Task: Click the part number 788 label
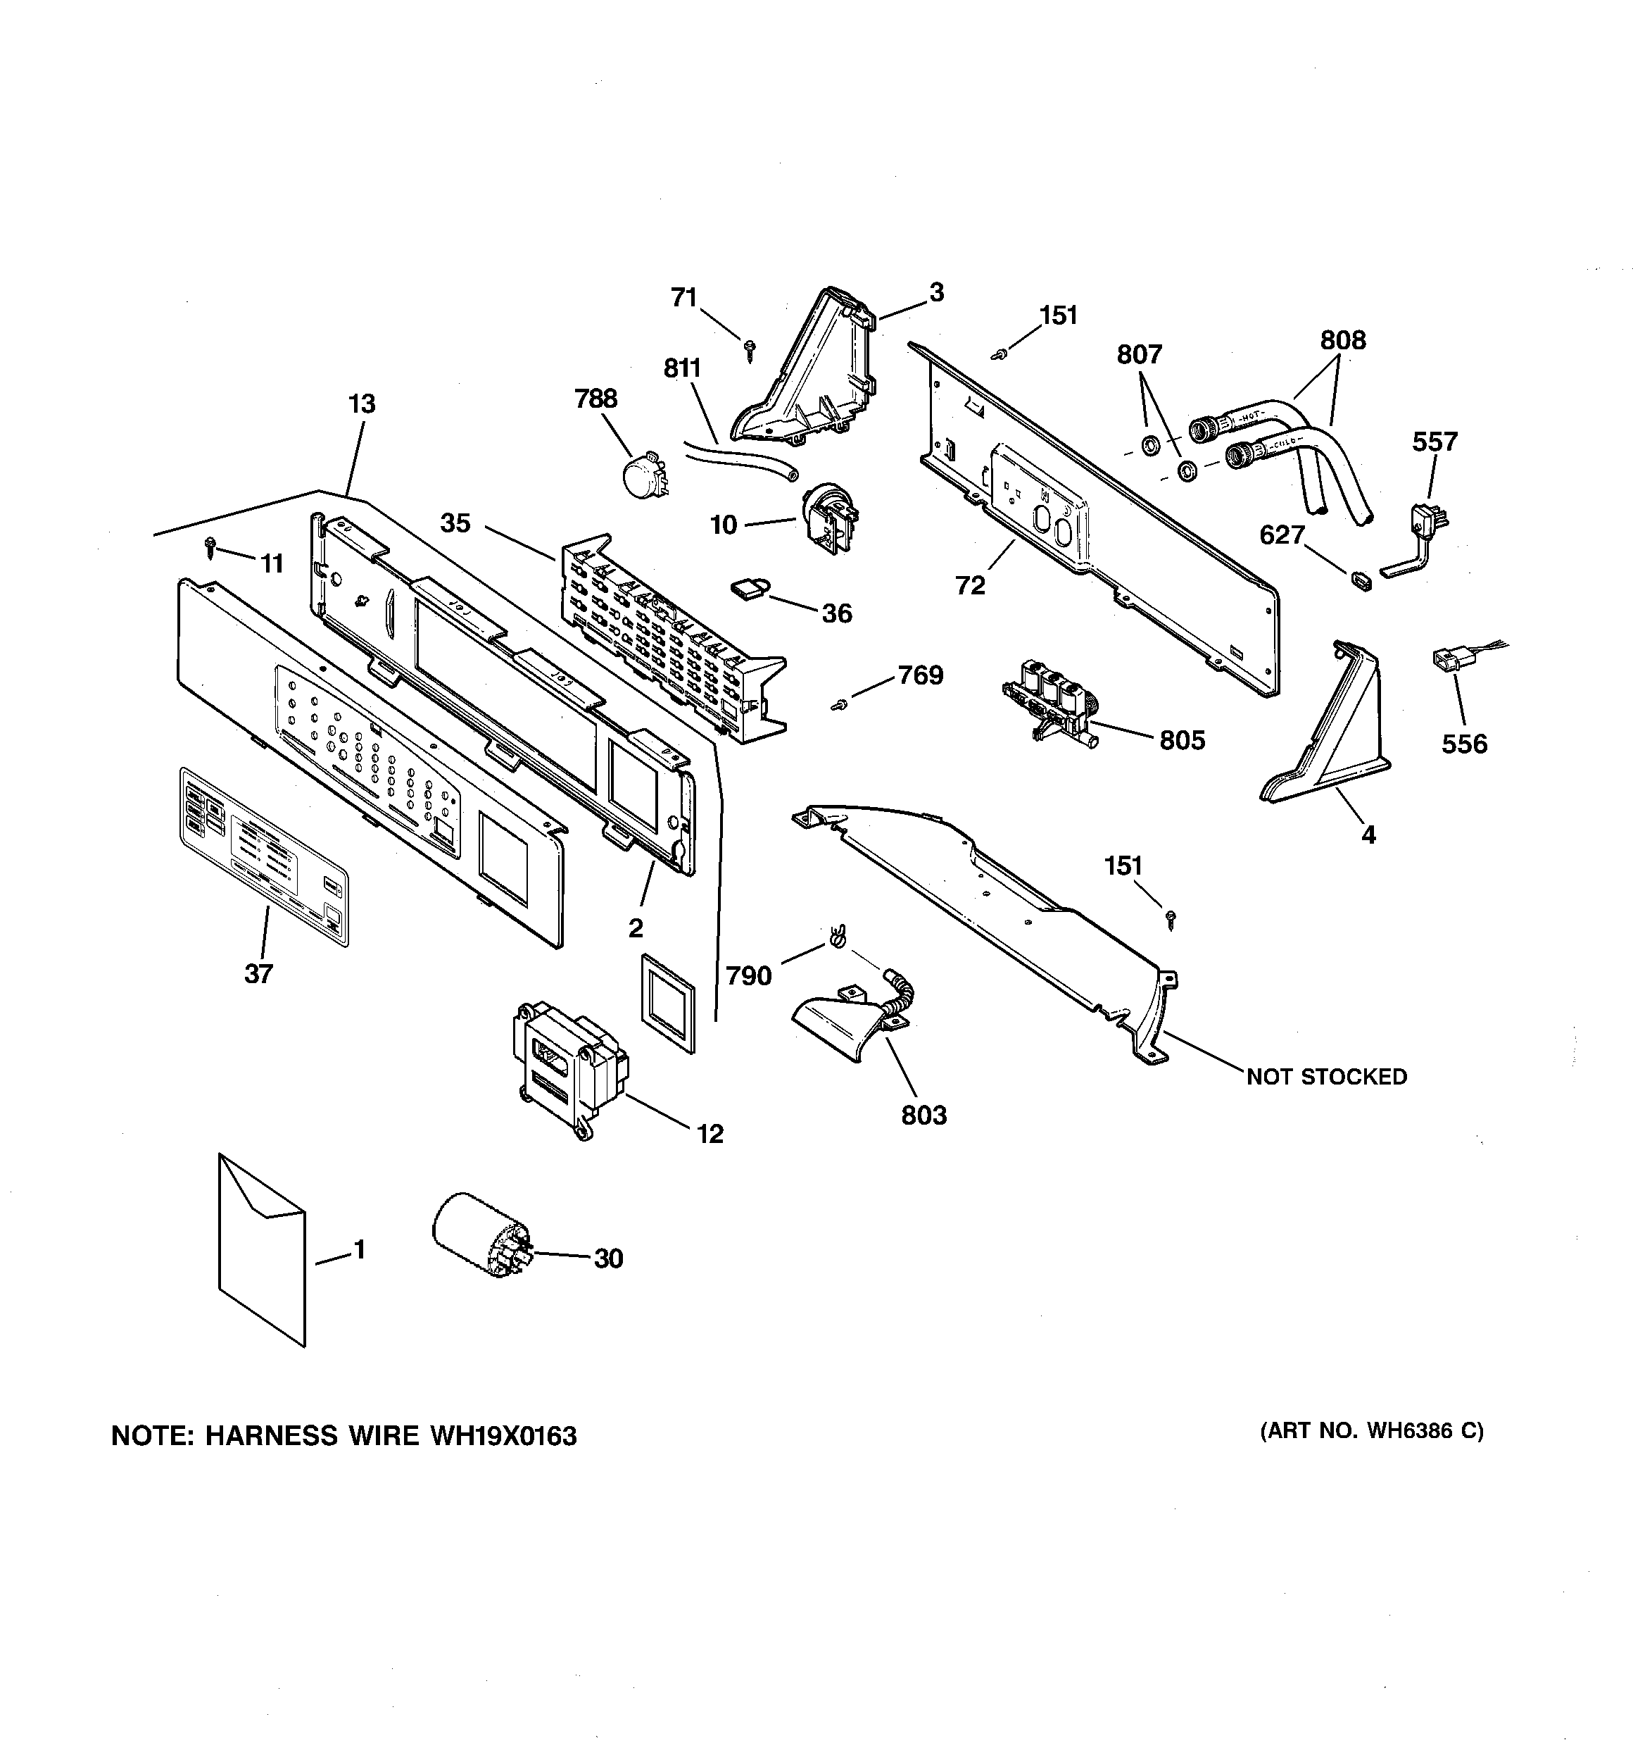(595, 399)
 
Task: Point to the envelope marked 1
(261, 1263)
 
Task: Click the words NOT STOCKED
(1326, 1077)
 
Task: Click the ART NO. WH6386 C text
(1372, 1431)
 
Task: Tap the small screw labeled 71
(750, 351)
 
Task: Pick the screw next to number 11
(210, 547)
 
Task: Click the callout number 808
(1343, 340)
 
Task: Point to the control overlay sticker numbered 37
(263, 856)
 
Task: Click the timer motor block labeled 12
(567, 1069)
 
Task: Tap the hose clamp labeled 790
(836, 939)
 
